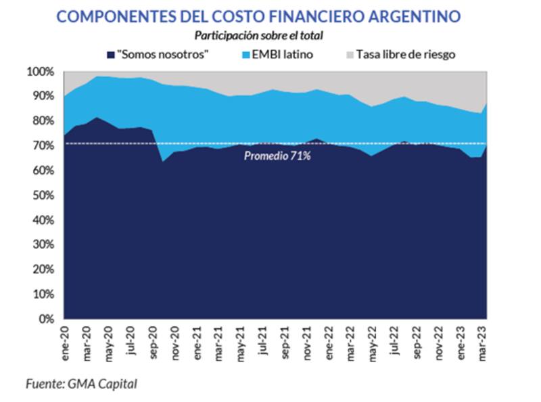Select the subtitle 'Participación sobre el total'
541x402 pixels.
point(258,35)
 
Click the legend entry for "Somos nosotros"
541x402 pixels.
point(162,54)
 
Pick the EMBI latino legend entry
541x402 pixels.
point(282,54)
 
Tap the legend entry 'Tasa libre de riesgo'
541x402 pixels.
point(405,54)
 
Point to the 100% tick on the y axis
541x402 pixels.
point(40,71)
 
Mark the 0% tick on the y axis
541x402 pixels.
point(45,319)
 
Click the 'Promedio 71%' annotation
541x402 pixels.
point(277,156)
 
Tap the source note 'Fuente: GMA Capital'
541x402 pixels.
point(81,384)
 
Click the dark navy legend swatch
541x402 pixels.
point(111,54)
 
